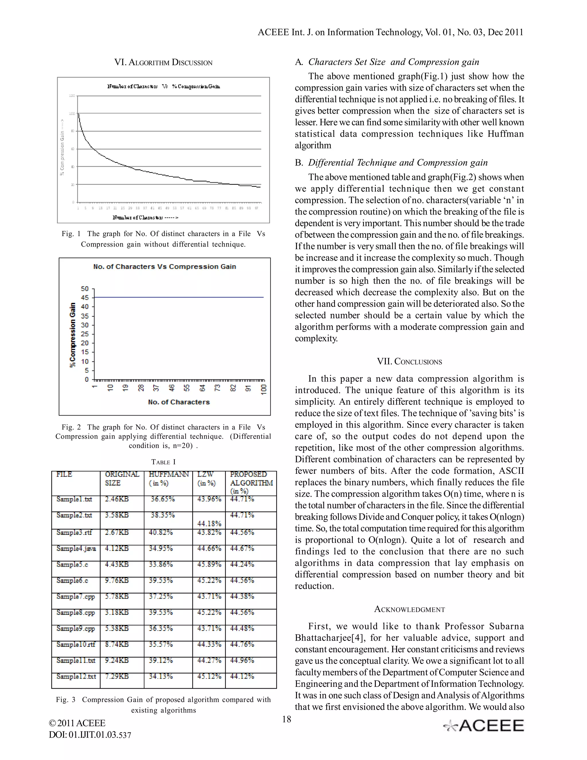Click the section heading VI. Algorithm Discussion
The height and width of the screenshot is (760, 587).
click(x=163, y=63)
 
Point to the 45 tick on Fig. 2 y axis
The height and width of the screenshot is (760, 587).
click(x=85, y=297)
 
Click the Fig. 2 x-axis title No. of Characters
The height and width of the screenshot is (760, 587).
click(x=179, y=402)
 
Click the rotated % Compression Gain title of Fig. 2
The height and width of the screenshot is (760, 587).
click(x=72, y=335)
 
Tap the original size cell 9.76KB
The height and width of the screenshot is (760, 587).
click(x=117, y=580)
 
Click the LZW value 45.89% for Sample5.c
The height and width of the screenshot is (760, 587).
click(x=209, y=564)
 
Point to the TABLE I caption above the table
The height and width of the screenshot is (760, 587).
click(x=163, y=462)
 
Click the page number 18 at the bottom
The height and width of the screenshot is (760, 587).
click(x=287, y=719)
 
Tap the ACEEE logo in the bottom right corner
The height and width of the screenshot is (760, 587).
click(x=484, y=726)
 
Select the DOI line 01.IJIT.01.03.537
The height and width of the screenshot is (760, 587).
click(x=90, y=735)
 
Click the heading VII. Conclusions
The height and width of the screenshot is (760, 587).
click(x=409, y=362)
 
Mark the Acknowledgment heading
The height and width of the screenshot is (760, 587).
click(x=409, y=609)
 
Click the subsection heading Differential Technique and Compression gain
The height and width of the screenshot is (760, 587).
click(x=398, y=163)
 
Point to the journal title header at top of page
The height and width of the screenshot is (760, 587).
click(x=390, y=32)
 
